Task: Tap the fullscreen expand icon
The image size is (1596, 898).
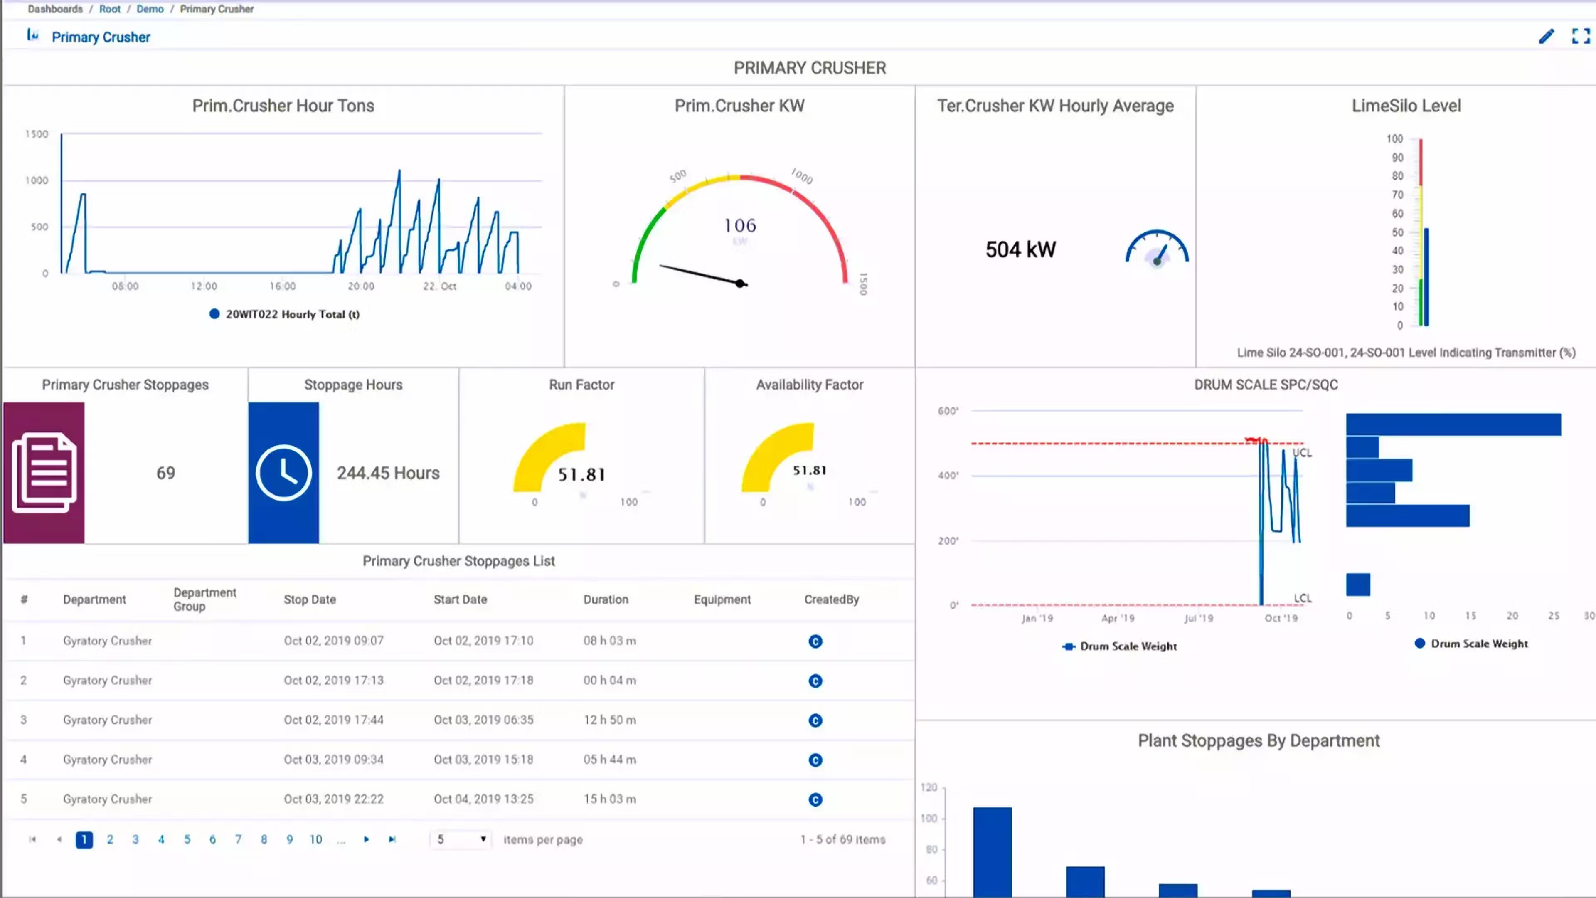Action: point(1581,37)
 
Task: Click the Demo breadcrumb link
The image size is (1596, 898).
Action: point(150,9)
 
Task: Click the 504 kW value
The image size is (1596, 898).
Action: point(1020,250)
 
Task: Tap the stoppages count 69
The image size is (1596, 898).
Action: point(165,473)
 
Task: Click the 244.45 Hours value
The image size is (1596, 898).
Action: point(388,473)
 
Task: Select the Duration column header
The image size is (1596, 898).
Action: point(605,599)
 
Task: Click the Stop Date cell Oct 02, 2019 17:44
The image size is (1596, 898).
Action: point(333,720)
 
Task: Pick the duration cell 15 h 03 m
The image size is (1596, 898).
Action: point(609,799)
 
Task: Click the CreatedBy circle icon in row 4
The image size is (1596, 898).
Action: point(815,760)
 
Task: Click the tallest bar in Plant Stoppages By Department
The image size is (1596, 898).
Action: point(992,852)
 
